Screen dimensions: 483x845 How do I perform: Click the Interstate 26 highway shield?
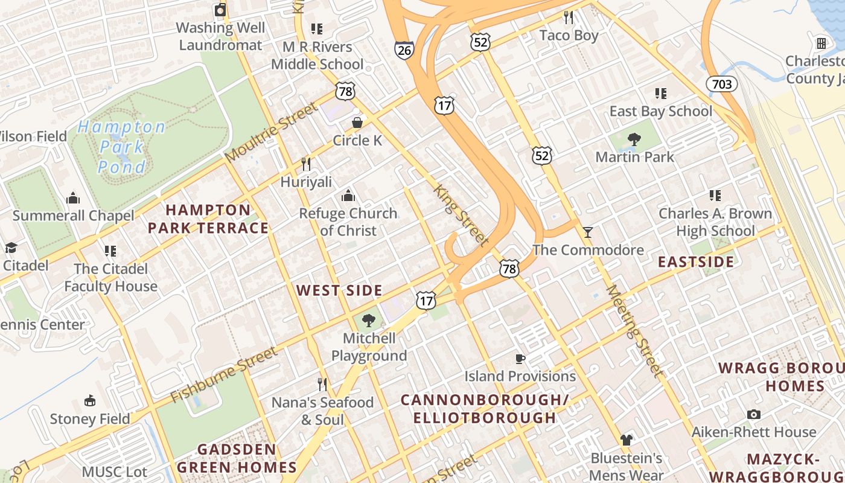[x=404, y=50]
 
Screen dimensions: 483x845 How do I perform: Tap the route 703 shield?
[x=722, y=83]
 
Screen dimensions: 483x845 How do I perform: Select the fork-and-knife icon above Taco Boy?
[x=568, y=17]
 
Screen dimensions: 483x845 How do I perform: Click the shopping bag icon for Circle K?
[x=357, y=123]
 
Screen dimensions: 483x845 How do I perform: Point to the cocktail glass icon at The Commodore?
[x=588, y=232]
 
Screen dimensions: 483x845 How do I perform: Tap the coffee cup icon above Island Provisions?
[x=520, y=359]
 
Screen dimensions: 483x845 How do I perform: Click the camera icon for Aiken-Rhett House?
[x=753, y=414]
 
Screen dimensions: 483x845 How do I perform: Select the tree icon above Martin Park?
[x=634, y=139]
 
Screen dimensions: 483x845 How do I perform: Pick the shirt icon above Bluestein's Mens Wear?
[x=626, y=440]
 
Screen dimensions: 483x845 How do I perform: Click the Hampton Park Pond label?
[x=121, y=147]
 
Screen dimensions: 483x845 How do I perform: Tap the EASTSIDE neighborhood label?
[x=696, y=262]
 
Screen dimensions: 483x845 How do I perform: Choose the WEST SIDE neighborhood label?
[x=339, y=290]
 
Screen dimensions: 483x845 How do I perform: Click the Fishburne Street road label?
[x=224, y=374]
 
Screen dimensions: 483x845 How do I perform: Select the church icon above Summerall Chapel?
[x=73, y=198]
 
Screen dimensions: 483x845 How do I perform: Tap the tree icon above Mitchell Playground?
[x=368, y=321]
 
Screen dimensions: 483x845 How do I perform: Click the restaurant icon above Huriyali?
[x=306, y=164]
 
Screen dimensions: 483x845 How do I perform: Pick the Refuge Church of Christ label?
[x=348, y=222]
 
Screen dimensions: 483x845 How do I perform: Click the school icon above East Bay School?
[x=661, y=94]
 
